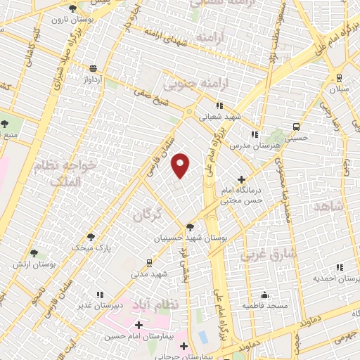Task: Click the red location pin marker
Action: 181,166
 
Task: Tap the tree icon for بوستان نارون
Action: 72,8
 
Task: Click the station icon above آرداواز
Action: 93,69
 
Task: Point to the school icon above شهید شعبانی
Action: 221,105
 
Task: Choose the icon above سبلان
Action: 340,78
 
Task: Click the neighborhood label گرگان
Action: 148,214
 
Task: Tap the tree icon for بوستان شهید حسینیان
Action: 190,226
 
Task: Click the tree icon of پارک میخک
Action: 91,237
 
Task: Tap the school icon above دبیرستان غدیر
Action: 101,294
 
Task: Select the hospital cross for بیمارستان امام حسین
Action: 139,326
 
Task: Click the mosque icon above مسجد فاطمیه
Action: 264,295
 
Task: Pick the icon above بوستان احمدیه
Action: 340,267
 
